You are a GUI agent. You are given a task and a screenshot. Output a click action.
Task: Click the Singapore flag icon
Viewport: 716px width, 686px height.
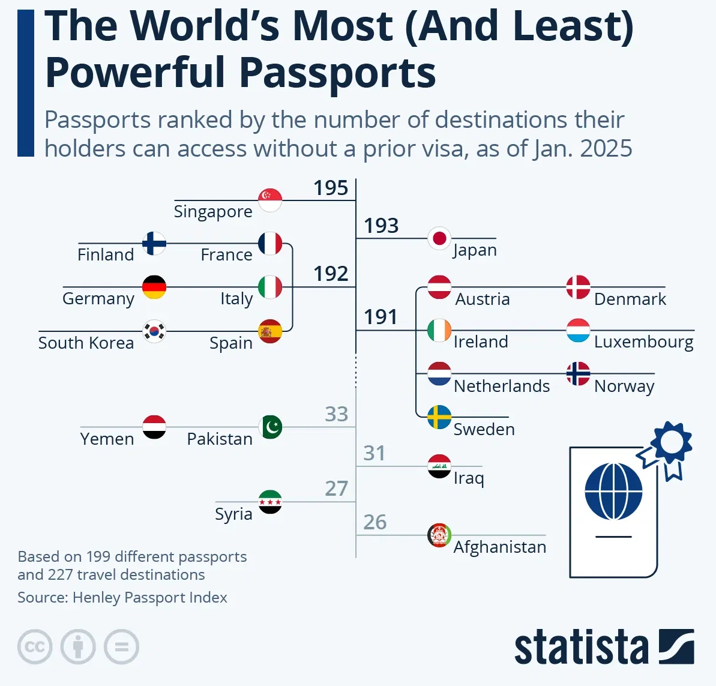pos(270,200)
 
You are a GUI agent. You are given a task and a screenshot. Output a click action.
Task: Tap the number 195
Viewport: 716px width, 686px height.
pos(331,188)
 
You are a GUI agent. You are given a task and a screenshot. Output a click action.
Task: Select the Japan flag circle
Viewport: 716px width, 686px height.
pos(439,238)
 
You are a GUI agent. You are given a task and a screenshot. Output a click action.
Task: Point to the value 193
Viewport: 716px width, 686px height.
pos(381,226)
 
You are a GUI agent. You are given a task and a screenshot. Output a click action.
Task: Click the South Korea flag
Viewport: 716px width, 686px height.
pos(154,331)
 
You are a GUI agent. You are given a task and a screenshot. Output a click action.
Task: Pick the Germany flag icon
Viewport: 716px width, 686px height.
pos(154,287)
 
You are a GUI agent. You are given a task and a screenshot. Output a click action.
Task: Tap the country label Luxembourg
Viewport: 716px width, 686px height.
pos(643,342)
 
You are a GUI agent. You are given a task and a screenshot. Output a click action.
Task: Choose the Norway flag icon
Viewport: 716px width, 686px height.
pos(578,374)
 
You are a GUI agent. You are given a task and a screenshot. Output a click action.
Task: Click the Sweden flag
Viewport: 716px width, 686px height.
pos(439,417)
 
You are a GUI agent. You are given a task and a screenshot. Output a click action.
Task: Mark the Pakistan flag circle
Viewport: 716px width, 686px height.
pos(270,427)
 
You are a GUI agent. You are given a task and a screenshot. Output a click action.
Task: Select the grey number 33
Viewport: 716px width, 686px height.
pos(336,414)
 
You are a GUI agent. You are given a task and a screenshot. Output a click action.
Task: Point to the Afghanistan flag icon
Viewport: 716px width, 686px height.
pos(439,535)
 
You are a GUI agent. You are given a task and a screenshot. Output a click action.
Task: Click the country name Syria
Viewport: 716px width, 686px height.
pos(233,514)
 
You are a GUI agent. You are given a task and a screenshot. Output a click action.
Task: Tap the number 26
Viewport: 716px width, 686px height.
pos(375,522)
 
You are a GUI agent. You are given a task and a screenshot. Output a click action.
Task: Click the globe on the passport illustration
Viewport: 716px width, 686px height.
pos(613,492)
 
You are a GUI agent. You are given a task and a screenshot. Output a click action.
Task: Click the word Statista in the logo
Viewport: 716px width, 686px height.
pos(581,648)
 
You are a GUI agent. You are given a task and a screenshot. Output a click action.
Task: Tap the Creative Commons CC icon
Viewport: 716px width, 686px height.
pos(35,647)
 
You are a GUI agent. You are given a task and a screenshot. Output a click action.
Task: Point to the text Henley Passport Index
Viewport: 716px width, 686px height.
pos(150,598)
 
